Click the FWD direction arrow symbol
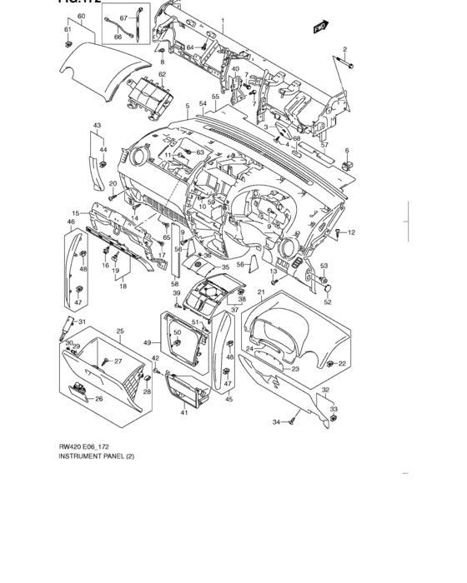click(318, 27)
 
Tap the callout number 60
click(81, 17)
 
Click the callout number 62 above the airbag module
click(163, 74)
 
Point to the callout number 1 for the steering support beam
click(222, 19)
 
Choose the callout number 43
click(97, 125)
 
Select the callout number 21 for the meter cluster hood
click(261, 292)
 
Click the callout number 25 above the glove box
click(119, 331)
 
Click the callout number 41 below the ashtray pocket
click(184, 411)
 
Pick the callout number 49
click(147, 342)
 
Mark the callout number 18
click(123, 286)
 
